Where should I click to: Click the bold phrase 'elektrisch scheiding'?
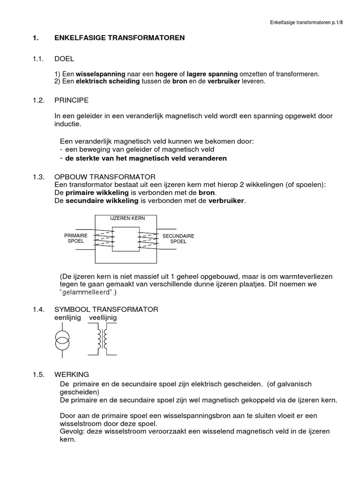[x=108, y=81]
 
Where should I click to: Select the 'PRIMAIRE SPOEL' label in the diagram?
[x=75, y=238]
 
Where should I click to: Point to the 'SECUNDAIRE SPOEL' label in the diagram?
[x=178, y=239]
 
